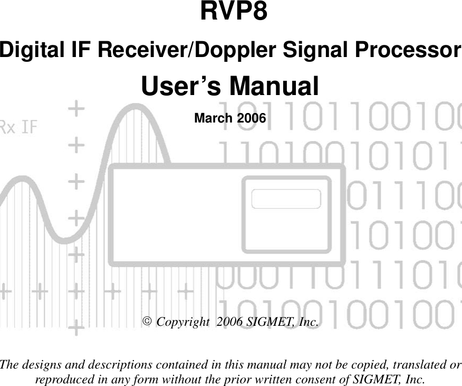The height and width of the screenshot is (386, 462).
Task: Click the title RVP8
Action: click(233, 13)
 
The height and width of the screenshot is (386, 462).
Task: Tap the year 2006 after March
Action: click(251, 118)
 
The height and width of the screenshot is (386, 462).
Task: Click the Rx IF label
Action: click(18, 127)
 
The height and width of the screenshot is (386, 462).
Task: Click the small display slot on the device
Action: click(286, 199)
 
